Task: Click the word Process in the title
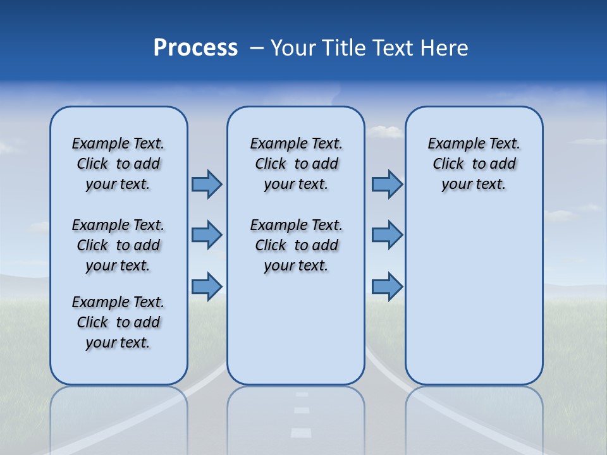[195, 48]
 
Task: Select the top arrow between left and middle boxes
[206, 184]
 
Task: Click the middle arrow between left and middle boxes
[206, 235]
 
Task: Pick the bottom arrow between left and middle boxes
[206, 286]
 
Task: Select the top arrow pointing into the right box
[387, 184]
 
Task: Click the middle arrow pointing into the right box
[387, 235]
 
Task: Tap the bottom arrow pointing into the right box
[387, 286]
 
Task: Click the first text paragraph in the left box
[118, 164]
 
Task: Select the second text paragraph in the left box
[118, 245]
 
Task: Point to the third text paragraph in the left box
[118, 322]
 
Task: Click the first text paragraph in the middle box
[296, 164]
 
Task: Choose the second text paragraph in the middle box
[296, 245]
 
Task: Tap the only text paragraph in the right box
[474, 164]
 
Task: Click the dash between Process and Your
[257, 49]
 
